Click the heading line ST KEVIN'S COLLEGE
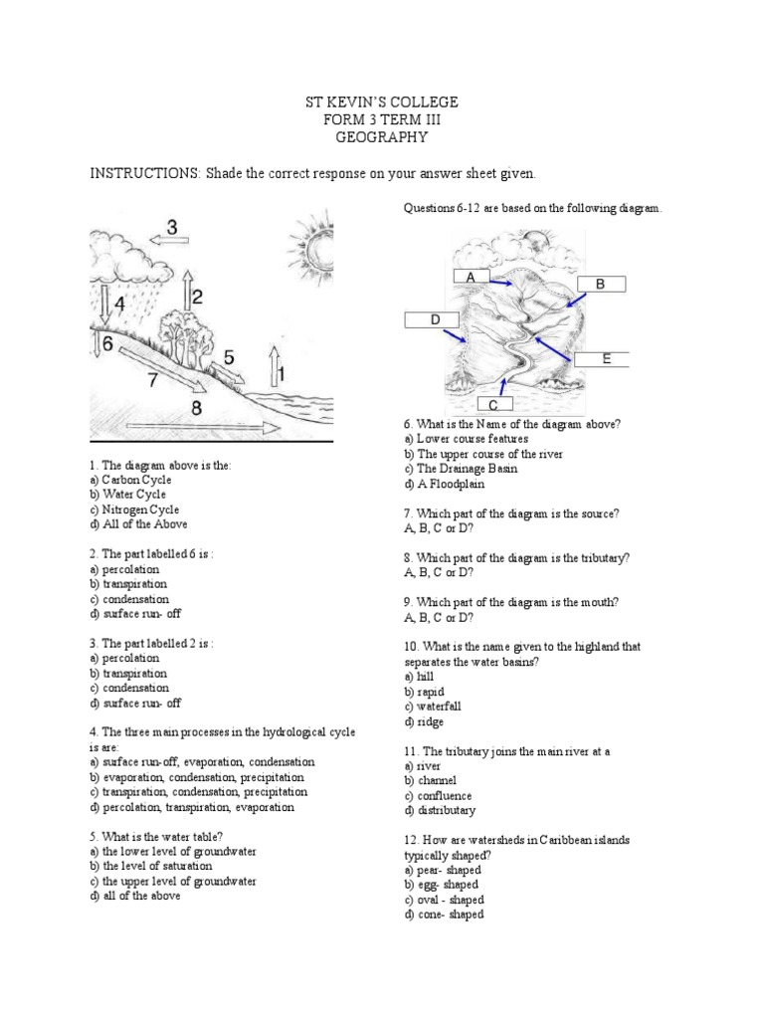click(382, 103)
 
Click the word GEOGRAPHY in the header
click(382, 138)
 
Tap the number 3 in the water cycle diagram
click(172, 228)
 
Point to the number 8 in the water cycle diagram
click(197, 407)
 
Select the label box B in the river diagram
click(600, 285)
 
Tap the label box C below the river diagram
click(493, 405)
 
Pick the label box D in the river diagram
click(435, 319)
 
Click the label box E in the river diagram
click(604, 360)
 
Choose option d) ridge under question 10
click(424, 721)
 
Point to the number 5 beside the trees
click(229, 356)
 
